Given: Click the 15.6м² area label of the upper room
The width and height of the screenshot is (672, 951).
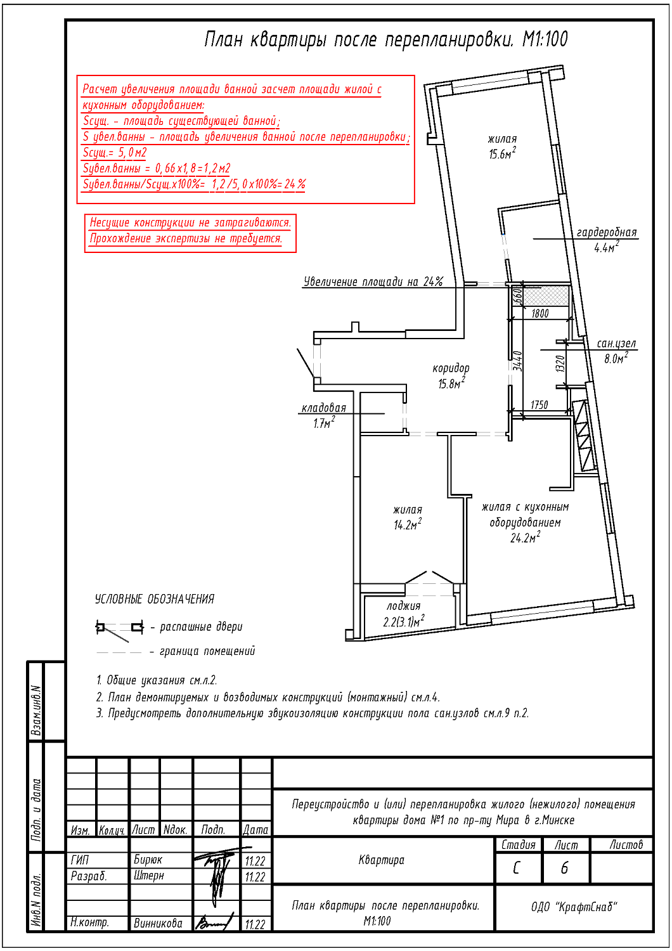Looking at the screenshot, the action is point(502,153).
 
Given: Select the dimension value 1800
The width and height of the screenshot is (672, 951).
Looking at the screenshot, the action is point(540,313).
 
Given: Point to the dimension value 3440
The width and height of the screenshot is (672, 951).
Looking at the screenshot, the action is point(517,361).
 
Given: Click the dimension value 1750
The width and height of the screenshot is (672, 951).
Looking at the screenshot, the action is point(539,404).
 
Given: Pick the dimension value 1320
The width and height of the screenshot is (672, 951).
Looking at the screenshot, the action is point(560,364).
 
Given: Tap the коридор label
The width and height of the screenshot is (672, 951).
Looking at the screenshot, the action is point(451,368).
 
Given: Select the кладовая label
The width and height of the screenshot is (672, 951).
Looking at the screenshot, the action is point(323,408).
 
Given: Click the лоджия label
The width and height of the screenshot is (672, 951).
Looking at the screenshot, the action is point(403,606).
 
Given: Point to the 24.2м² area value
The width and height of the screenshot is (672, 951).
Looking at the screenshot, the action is point(525,538).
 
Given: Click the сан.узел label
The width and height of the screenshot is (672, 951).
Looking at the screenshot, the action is point(616,343).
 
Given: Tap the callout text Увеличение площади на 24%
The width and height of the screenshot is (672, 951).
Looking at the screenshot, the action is point(373,281).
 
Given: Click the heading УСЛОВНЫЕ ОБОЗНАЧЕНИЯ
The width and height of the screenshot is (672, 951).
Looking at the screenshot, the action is point(155,598).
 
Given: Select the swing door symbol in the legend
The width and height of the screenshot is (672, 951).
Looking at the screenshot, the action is point(119,630).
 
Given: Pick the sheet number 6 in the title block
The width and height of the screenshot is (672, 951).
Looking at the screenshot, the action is point(564,868).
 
